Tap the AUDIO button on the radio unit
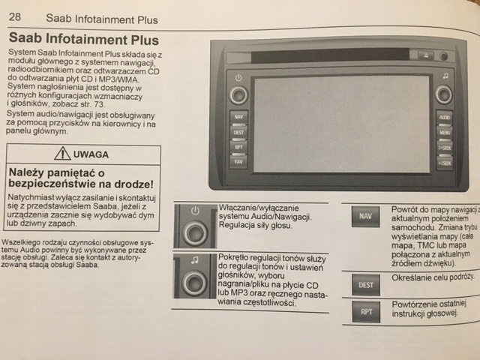[444, 118]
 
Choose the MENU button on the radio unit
[444, 133]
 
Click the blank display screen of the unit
[341, 122]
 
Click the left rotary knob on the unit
[238, 94]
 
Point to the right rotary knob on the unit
[444, 93]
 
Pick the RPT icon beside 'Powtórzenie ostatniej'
[366, 310]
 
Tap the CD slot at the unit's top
[319, 55]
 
